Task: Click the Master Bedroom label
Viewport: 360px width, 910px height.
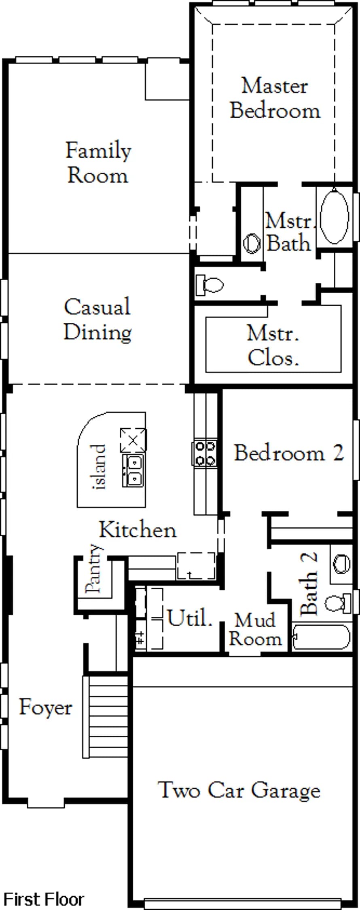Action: pyautogui.click(x=275, y=98)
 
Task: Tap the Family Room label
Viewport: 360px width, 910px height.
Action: pyautogui.click(x=98, y=163)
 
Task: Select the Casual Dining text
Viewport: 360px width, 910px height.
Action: pyautogui.click(x=97, y=320)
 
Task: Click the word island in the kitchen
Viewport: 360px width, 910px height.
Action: pyautogui.click(x=100, y=467)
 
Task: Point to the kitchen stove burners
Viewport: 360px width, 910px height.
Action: pyautogui.click(x=205, y=453)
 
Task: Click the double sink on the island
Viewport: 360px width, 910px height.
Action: pyautogui.click(x=133, y=470)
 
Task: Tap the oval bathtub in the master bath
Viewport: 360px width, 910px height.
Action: pyautogui.click(x=334, y=216)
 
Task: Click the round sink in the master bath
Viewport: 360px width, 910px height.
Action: pyautogui.click(x=252, y=244)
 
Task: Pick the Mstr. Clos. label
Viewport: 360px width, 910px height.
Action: pyautogui.click(x=273, y=346)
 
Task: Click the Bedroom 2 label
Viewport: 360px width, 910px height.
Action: pyautogui.click(x=289, y=453)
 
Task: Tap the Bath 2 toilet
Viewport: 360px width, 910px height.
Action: pyautogui.click(x=338, y=603)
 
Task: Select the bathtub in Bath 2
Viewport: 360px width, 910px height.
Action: pyautogui.click(x=321, y=637)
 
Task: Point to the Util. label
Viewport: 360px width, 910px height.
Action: pyautogui.click(x=190, y=618)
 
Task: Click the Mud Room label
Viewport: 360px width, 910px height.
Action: pyautogui.click(x=255, y=630)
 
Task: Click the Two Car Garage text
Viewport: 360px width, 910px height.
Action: pyautogui.click(x=239, y=790)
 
